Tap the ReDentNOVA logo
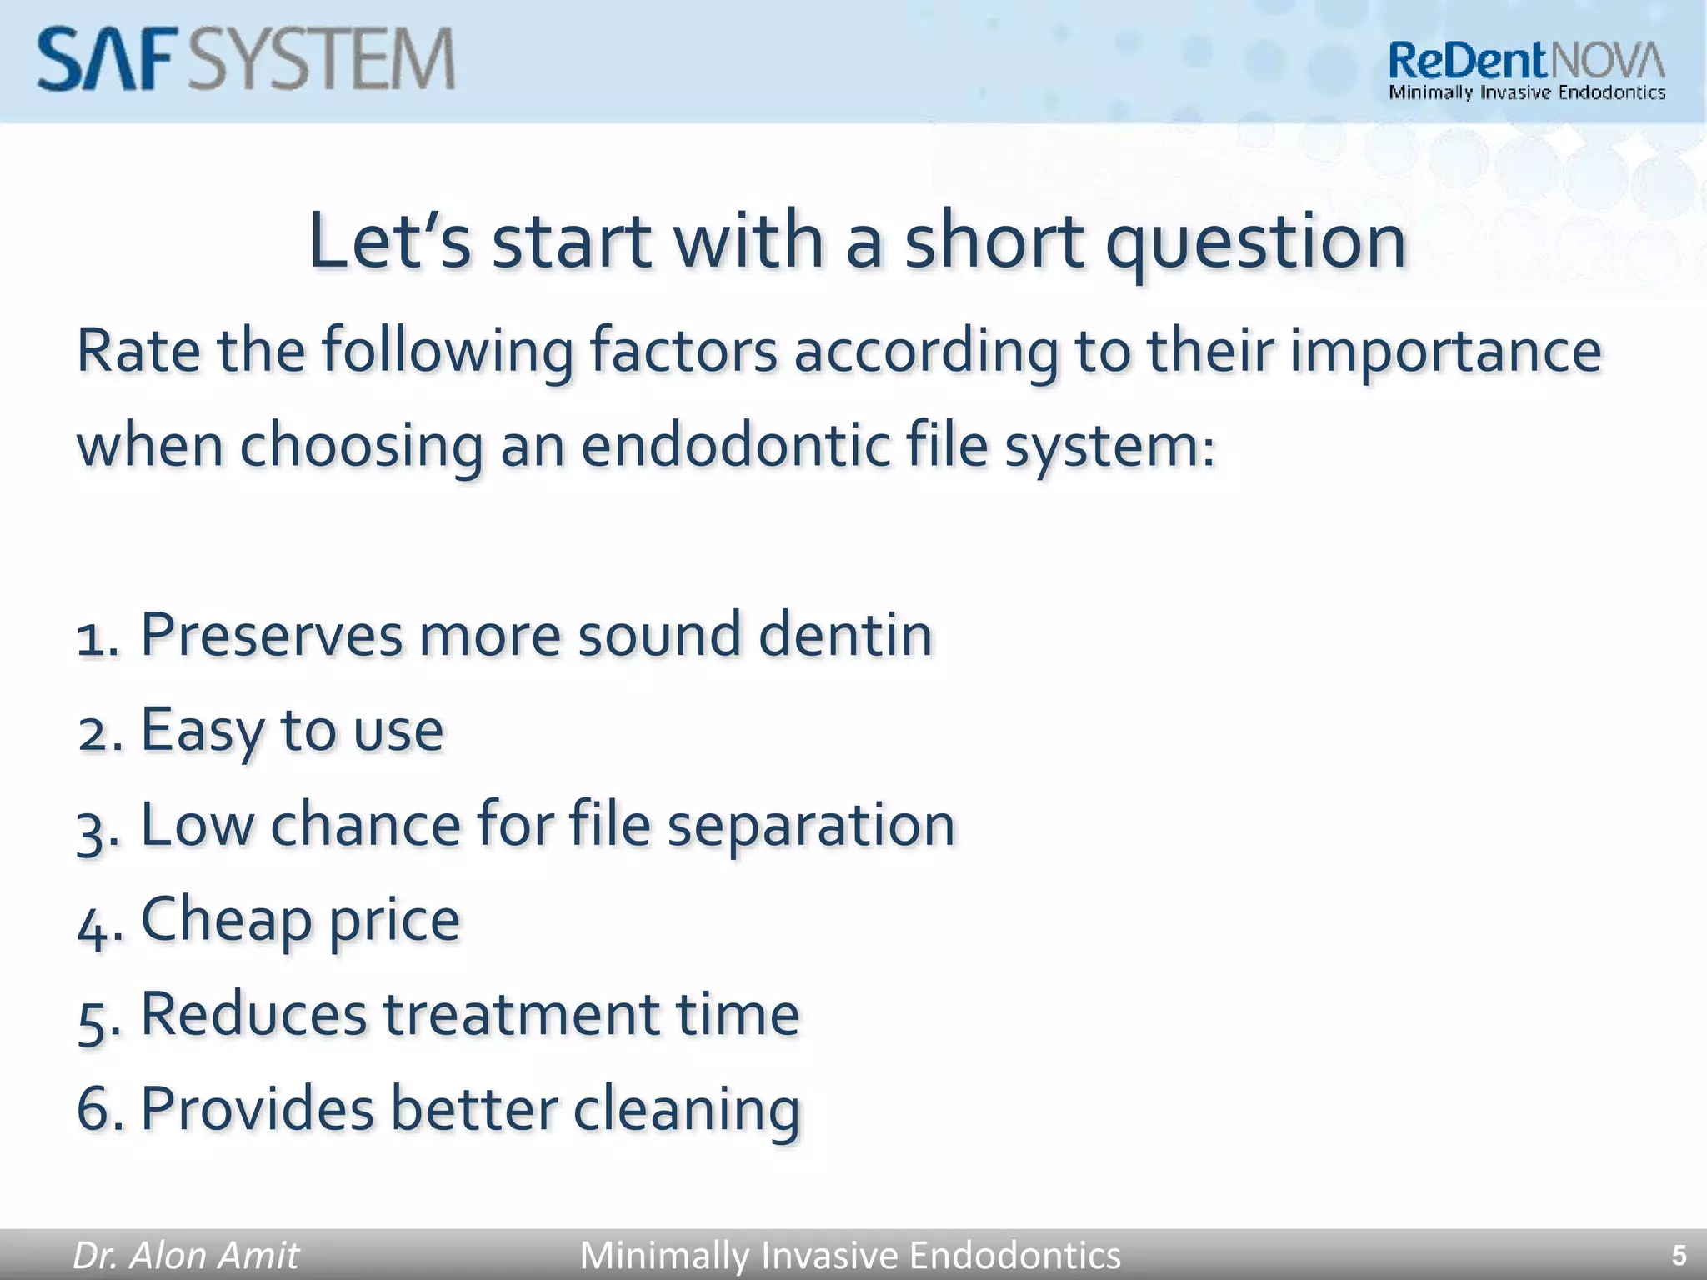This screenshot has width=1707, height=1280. pyautogui.click(x=1526, y=71)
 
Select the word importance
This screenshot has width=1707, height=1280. pyautogui.click(x=1445, y=350)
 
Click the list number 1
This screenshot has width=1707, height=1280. pyautogui.click(x=96, y=637)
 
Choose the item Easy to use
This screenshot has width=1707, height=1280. pyautogui.click(x=291, y=730)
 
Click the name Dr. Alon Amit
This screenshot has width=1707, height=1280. pyautogui.click(x=185, y=1255)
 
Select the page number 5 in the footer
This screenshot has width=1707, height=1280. pyautogui.click(x=1679, y=1255)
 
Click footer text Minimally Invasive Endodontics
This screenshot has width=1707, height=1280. pyautogui.click(x=849, y=1255)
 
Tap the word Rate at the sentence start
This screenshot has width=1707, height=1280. pyautogui.click(x=138, y=350)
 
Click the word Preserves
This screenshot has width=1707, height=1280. pyautogui.click(x=271, y=635)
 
